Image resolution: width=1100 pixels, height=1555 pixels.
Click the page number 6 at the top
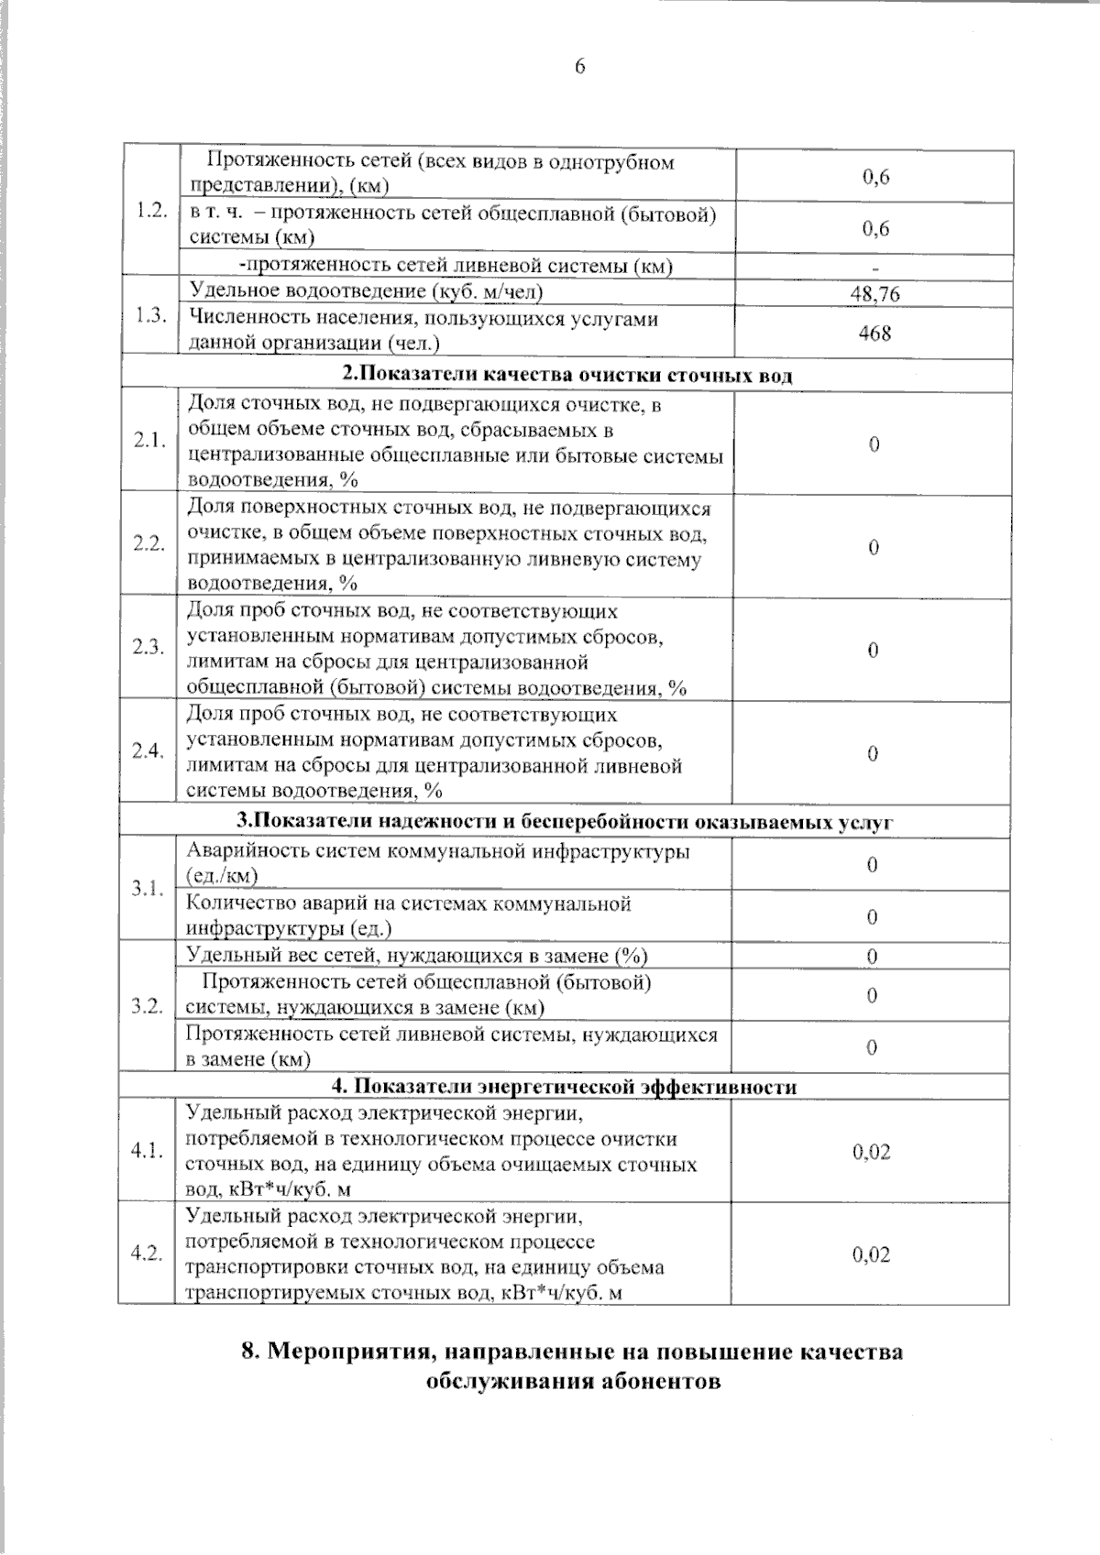point(579,66)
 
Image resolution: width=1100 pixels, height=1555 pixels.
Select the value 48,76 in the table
point(875,293)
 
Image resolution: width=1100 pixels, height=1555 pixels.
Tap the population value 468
point(874,332)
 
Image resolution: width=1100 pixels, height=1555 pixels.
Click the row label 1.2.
point(150,211)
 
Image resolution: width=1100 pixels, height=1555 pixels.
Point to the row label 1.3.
point(150,315)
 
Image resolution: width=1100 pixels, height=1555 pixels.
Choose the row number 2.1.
point(148,441)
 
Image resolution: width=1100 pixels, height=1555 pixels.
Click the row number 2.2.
point(148,543)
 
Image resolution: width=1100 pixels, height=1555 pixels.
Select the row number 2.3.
point(148,647)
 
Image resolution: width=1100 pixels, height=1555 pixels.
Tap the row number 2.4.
point(148,750)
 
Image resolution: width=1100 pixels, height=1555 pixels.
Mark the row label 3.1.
point(148,888)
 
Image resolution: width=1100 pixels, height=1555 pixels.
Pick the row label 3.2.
point(148,1006)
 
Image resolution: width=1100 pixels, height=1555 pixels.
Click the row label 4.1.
point(147,1151)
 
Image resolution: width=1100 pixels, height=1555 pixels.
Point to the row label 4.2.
point(147,1254)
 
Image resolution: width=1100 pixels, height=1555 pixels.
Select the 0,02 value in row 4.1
point(871,1152)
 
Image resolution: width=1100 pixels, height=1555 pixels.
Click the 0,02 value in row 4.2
point(871,1254)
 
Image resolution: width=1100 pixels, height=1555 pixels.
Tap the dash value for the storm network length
point(875,268)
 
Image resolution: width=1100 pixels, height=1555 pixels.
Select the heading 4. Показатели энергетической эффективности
point(564,1087)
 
